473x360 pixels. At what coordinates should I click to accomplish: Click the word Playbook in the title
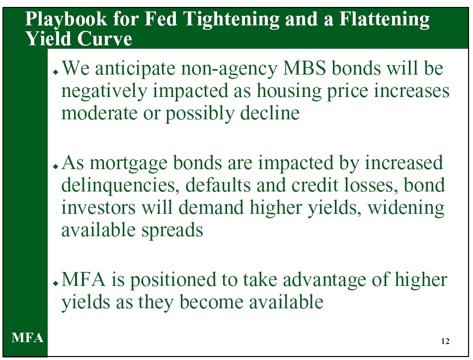pyautogui.click(x=66, y=19)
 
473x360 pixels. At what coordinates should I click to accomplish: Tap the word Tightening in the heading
pyautogui.click(x=231, y=19)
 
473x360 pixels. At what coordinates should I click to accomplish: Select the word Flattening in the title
pyautogui.click(x=384, y=19)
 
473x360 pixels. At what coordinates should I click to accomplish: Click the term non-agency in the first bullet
pyautogui.click(x=229, y=69)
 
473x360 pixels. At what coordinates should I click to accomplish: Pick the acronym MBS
pyautogui.click(x=305, y=68)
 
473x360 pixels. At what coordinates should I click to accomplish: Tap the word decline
pyautogui.click(x=270, y=113)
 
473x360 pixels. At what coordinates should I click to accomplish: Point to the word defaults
pyautogui.click(x=218, y=185)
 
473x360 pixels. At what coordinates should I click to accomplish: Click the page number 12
pyautogui.click(x=445, y=341)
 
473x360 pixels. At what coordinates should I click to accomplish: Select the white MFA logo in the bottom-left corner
pyautogui.click(x=27, y=338)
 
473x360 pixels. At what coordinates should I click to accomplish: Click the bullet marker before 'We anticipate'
pyautogui.click(x=55, y=72)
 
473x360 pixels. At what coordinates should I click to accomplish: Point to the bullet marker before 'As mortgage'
pyautogui.click(x=55, y=167)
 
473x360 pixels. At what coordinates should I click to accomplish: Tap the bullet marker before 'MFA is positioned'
pyautogui.click(x=55, y=283)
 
